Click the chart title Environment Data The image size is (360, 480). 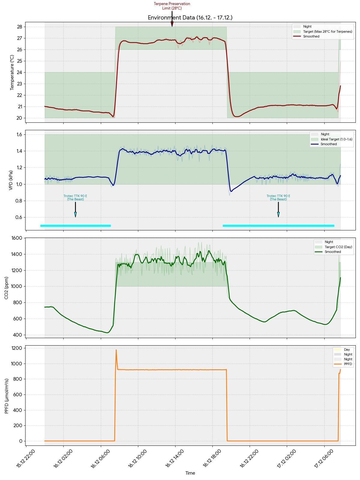(190, 18)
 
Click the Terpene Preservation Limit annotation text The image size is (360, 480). (172, 6)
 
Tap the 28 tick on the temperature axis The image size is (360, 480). (19, 27)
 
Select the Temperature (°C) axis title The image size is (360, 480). (12, 72)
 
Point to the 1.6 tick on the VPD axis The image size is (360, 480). (19, 134)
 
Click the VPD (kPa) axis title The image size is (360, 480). (11, 180)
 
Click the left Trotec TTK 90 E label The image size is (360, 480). (75, 197)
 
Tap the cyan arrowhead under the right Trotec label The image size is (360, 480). (278, 214)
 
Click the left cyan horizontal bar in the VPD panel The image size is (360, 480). (75, 226)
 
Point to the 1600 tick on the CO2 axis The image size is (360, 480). (17, 238)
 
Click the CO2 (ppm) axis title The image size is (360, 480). (6, 288)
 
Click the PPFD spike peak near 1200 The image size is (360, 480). (116, 350)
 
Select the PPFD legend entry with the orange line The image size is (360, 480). (346, 364)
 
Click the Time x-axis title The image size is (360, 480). (190, 473)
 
